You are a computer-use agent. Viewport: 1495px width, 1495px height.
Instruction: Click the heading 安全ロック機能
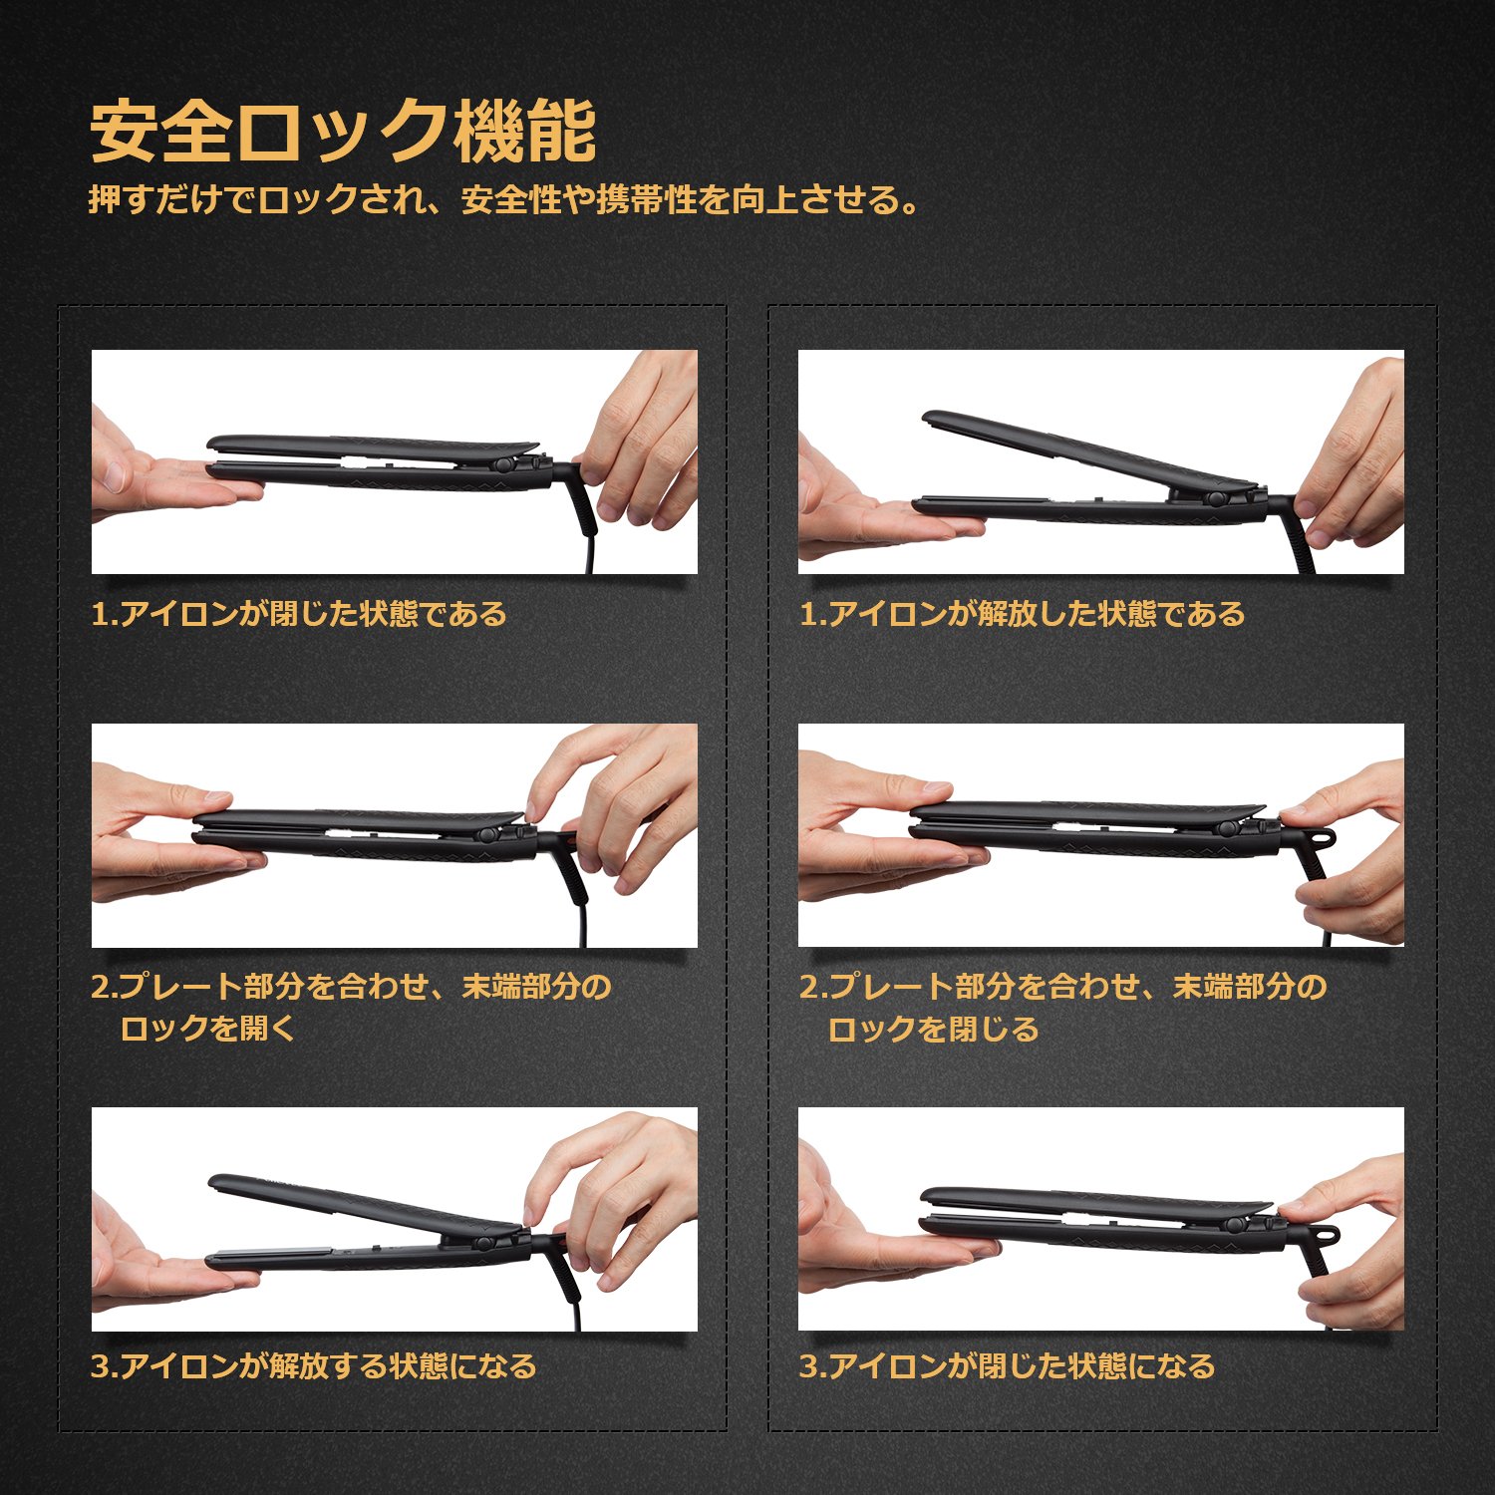point(343,131)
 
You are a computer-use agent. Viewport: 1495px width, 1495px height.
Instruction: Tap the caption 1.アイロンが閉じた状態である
point(299,613)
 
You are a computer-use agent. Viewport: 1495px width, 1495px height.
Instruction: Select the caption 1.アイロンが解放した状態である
point(1022,613)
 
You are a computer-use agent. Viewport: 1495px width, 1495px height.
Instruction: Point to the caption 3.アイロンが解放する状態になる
point(314,1365)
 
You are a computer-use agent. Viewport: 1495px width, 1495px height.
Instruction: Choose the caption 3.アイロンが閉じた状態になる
point(1007,1365)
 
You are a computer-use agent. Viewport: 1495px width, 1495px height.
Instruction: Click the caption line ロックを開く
point(208,1028)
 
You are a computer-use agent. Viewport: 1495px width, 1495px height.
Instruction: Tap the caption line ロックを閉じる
point(933,1028)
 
